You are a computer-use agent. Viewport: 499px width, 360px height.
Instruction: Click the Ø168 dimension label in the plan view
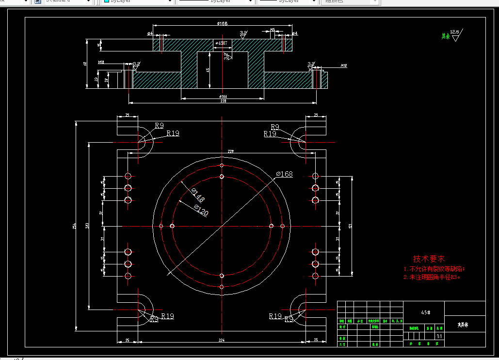[285, 174]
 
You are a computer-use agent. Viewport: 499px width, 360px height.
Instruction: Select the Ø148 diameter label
[198, 196]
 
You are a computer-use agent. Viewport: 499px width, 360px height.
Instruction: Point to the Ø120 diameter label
[201, 210]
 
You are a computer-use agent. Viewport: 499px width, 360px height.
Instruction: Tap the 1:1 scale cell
[439, 336]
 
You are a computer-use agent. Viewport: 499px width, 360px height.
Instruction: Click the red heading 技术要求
[429, 259]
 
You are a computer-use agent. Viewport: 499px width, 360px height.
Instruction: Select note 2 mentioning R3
[431, 278]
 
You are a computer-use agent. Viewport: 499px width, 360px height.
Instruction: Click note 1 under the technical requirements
[434, 269]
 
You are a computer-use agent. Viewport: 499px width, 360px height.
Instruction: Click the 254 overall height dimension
[75, 226]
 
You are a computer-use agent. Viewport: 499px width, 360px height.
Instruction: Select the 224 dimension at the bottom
[222, 340]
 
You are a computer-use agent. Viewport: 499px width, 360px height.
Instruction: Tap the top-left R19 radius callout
[173, 133]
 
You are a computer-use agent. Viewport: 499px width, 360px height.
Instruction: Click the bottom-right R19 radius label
[275, 316]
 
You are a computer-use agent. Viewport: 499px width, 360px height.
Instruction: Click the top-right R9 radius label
[275, 127]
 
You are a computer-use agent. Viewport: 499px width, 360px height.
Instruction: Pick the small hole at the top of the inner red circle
[222, 178]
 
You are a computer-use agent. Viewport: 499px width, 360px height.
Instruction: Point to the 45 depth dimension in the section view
[208, 70]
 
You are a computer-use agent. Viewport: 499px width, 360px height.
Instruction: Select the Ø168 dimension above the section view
[222, 23]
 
